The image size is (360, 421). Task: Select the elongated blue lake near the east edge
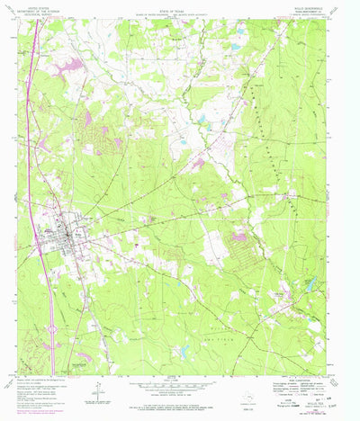(x=311, y=285)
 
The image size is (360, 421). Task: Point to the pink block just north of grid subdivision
(x=239, y=236)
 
